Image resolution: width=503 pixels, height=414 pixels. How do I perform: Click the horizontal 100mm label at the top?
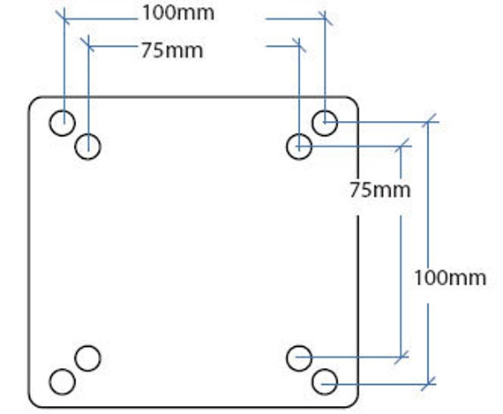click(x=178, y=13)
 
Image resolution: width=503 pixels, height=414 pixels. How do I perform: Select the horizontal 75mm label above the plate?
click(x=172, y=50)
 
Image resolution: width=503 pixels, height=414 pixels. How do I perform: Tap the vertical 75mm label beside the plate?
click(x=380, y=190)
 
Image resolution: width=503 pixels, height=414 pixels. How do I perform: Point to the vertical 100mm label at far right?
click(x=450, y=277)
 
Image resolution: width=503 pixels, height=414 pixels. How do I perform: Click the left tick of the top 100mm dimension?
click(x=64, y=19)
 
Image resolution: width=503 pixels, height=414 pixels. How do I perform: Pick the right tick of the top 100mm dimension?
click(x=325, y=19)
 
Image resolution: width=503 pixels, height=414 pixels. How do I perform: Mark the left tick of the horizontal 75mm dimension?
click(x=88, y=46)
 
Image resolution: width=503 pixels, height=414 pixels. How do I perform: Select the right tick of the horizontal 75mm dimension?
click(x=299, y=46)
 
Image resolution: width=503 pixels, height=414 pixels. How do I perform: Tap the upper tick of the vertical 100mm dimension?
click(x=428, y=122)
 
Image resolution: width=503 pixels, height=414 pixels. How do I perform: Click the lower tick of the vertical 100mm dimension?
click(x=428, y=383)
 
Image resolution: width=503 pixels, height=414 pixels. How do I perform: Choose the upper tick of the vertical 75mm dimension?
click(x=401, y=147)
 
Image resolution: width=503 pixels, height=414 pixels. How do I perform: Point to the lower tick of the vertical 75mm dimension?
click(x=401, y=357)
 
